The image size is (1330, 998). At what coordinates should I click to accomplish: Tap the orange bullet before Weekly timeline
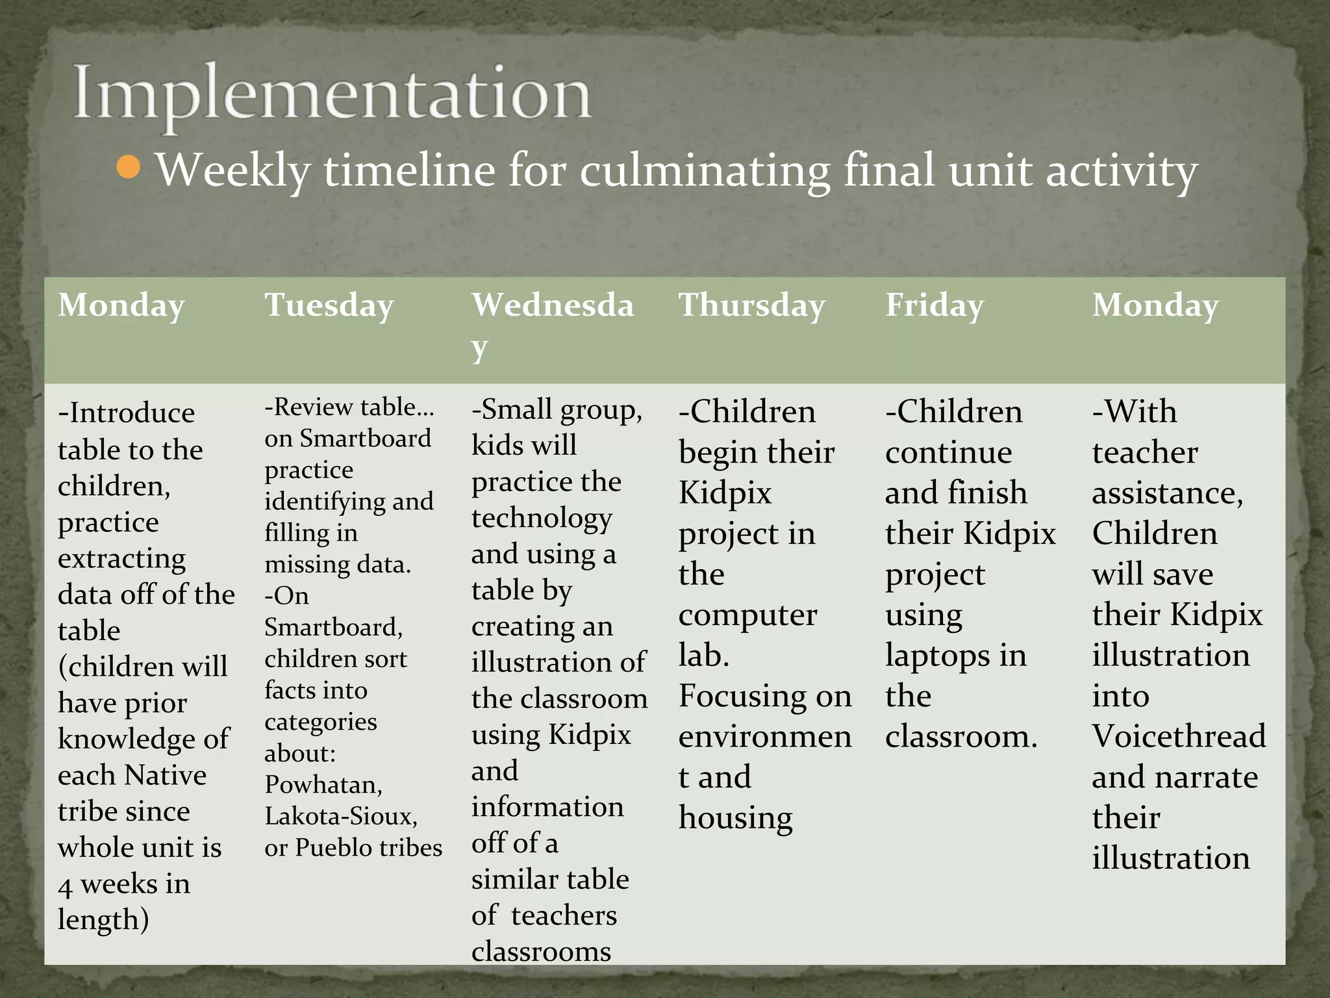tap(129, 167)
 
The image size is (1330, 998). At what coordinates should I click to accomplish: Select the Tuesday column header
tap(329, 305)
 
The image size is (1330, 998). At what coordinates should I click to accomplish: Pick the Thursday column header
tap(751, 305)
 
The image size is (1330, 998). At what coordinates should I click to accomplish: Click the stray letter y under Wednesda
tap(479, 349)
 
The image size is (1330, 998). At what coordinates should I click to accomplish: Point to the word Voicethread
tap(1179, 736)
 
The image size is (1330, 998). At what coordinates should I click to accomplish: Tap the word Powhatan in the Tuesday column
tap(323, 785)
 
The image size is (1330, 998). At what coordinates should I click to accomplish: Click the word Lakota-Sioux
tap(341, 816)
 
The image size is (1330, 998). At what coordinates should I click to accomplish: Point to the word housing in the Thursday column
tap(735, 818)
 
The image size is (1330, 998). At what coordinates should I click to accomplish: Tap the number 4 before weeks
tap(65, 886)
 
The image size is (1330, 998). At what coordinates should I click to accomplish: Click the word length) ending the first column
tap(103, 920)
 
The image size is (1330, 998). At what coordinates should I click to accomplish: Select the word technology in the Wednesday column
tap(542, 518)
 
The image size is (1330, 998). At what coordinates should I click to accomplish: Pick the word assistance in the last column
tap(1166, 494)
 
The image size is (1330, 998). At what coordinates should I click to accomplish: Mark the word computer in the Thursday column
tap(747, 615)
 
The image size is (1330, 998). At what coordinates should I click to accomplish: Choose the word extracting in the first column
tap(121, 559)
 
